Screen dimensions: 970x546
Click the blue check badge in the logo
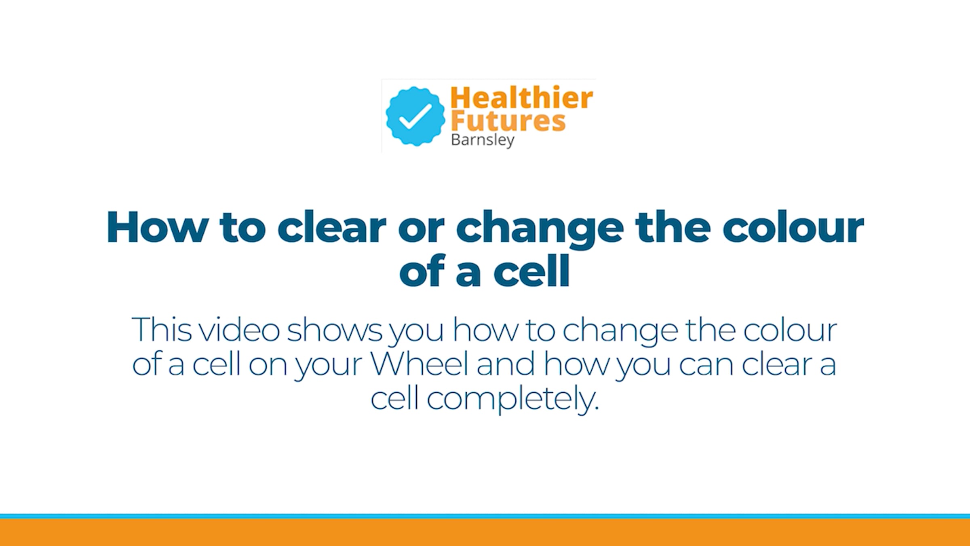tap(415, 116)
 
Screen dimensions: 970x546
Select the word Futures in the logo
tap(508, 121)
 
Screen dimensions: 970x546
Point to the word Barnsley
tap(483, 140)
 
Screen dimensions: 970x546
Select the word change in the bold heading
tap(540, 229)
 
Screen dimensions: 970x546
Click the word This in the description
tap(161, 330)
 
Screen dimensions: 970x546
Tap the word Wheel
tap(420, 364)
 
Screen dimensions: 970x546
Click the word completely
tap(512, 400)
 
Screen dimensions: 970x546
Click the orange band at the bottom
tap(485, 532)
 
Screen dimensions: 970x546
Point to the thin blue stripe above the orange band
tap(485, 516)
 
